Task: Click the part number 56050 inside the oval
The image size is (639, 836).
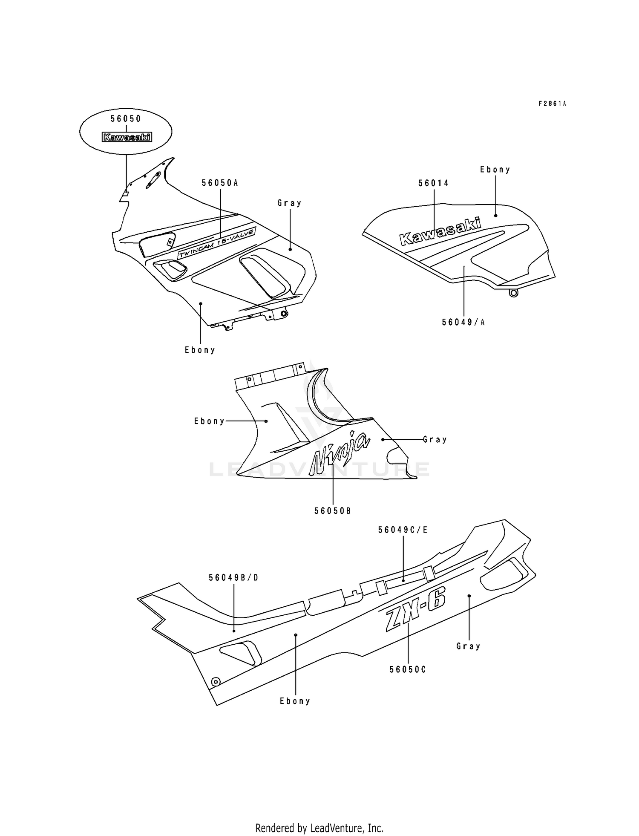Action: (x=126, y=119)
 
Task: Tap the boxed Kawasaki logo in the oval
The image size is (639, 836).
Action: (x=127, y=137)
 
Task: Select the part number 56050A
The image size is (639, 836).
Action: (x=220, y=183)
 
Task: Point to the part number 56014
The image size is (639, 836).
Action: (x=434, y=183)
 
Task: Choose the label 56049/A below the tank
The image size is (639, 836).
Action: (x=463, y=322)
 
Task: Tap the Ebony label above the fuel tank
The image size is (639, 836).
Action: (x=495, y=170)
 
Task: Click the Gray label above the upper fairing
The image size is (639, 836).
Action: (x=290, y=203)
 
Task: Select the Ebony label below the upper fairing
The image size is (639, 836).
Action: (x=200, y=350)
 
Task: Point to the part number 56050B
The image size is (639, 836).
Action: (x=333, y=511)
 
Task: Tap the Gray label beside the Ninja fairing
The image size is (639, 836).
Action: (x=435, y=439)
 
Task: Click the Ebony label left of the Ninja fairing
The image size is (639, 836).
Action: (x=209, y=421)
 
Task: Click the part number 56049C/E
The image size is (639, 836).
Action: (x=403, y=530)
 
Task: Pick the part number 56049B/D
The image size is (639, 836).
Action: (x=233, y=578)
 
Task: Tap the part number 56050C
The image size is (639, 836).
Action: (x=408, y=669)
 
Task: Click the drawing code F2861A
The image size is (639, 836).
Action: (x=552, y=104)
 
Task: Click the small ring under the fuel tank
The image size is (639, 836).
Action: (x=513, y=293)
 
